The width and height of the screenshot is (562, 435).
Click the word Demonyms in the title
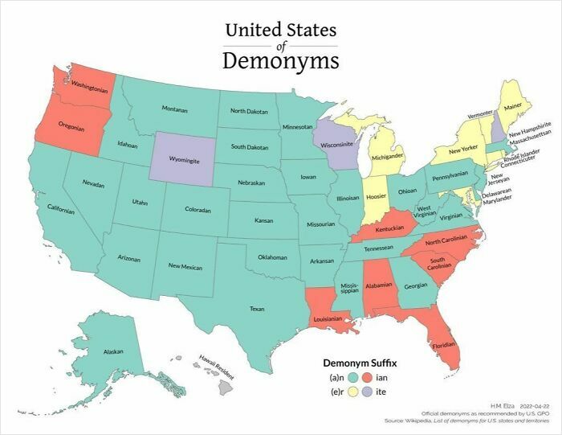point(280,61)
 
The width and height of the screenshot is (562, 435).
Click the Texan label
point(257,309)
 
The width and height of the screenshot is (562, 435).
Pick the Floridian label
point(443,347)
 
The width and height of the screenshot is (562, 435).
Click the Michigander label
point(387,158)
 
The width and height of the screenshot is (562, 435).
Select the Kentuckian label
point(389,229)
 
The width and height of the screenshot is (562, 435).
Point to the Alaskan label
point(113,352)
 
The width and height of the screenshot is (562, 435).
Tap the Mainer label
point(513,104)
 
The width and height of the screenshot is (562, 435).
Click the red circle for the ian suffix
point(365,376)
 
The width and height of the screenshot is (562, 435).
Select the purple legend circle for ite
point(365,392)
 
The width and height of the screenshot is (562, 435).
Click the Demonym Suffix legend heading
point(360,363)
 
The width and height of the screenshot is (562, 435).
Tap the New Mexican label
point(185,266)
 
